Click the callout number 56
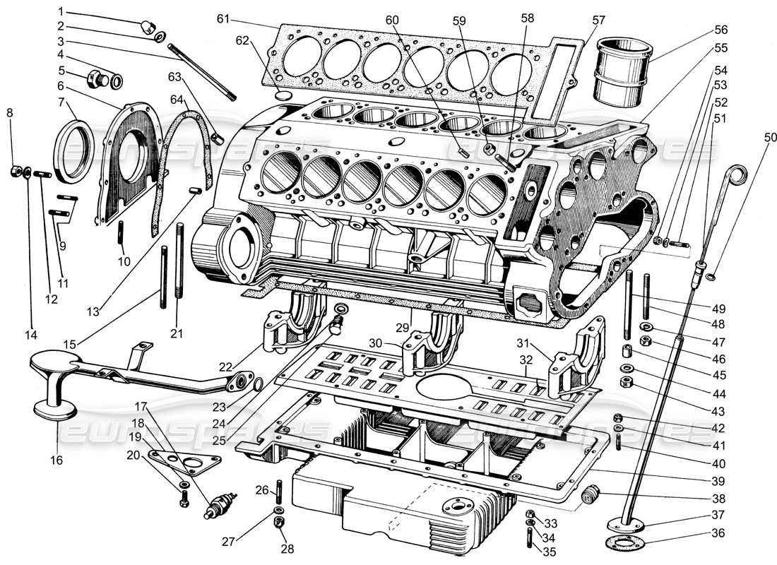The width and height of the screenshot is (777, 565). tap(720, 30)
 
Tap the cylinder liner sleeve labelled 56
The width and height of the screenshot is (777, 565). tap(622, 71)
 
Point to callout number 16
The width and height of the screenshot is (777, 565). tap(56, 460)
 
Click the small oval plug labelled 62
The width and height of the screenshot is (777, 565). tap(282, 95)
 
